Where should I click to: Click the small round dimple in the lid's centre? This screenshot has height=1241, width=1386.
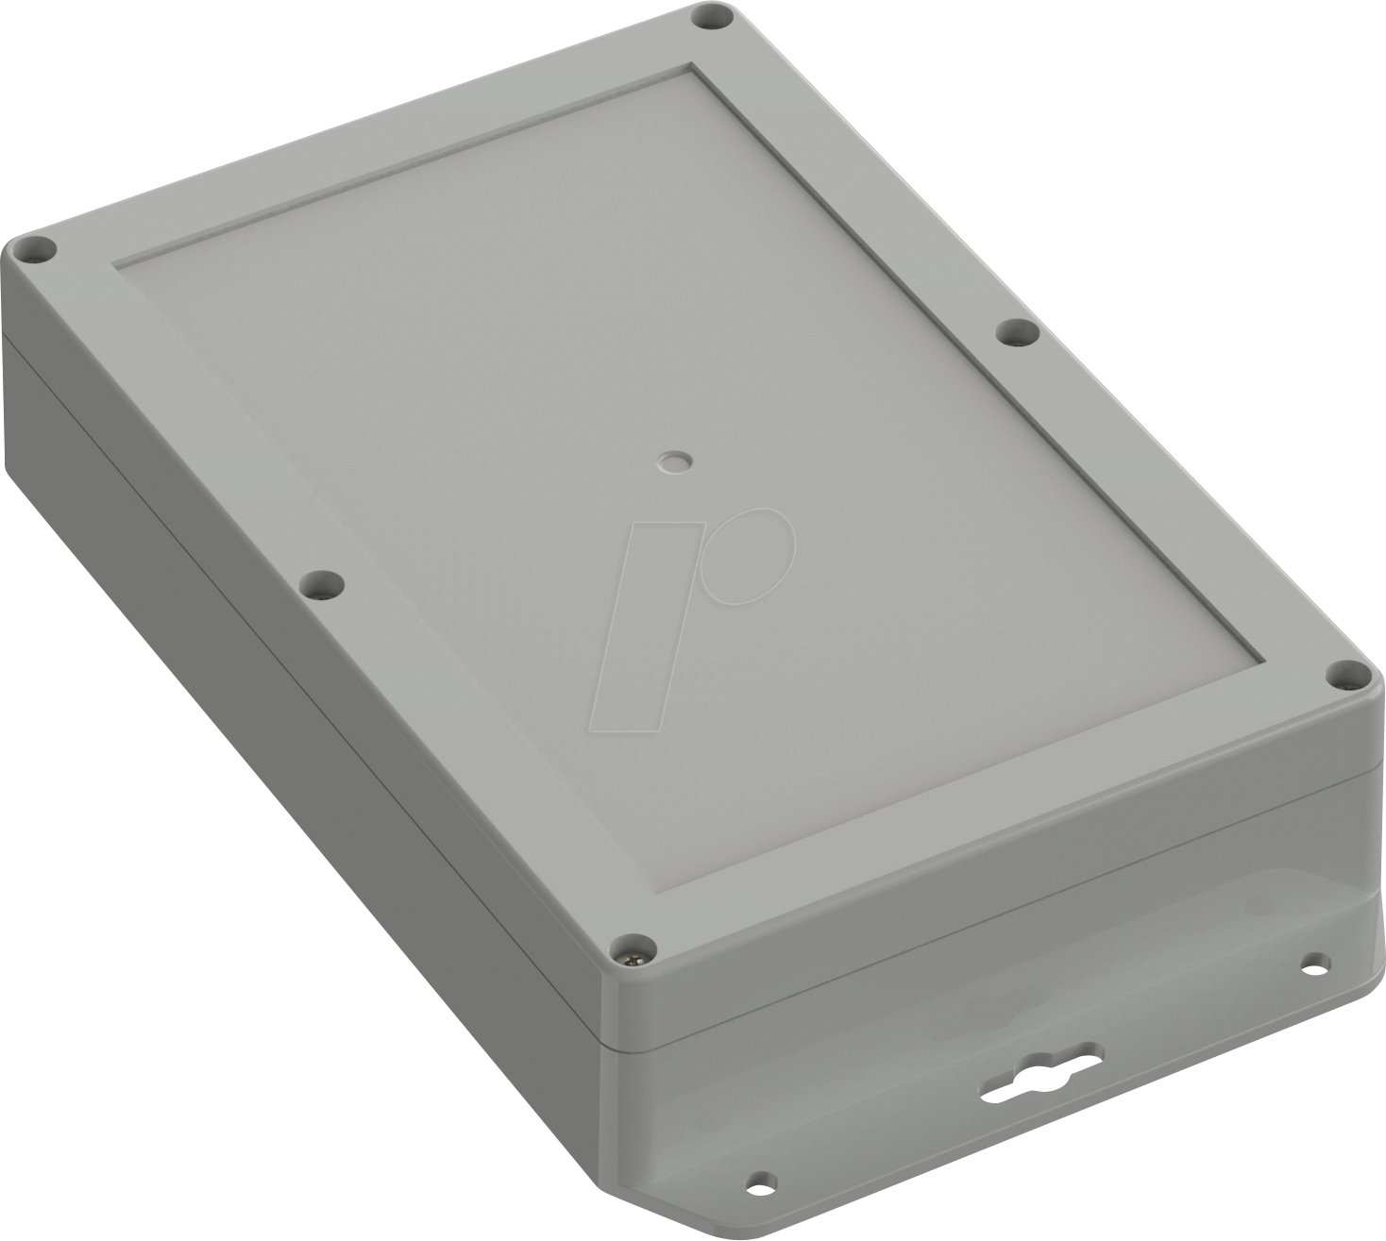[672, 461]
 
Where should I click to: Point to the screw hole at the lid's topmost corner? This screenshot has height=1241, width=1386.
[712, 17]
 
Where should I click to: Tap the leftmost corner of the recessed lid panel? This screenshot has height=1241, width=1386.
[115, 263]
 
